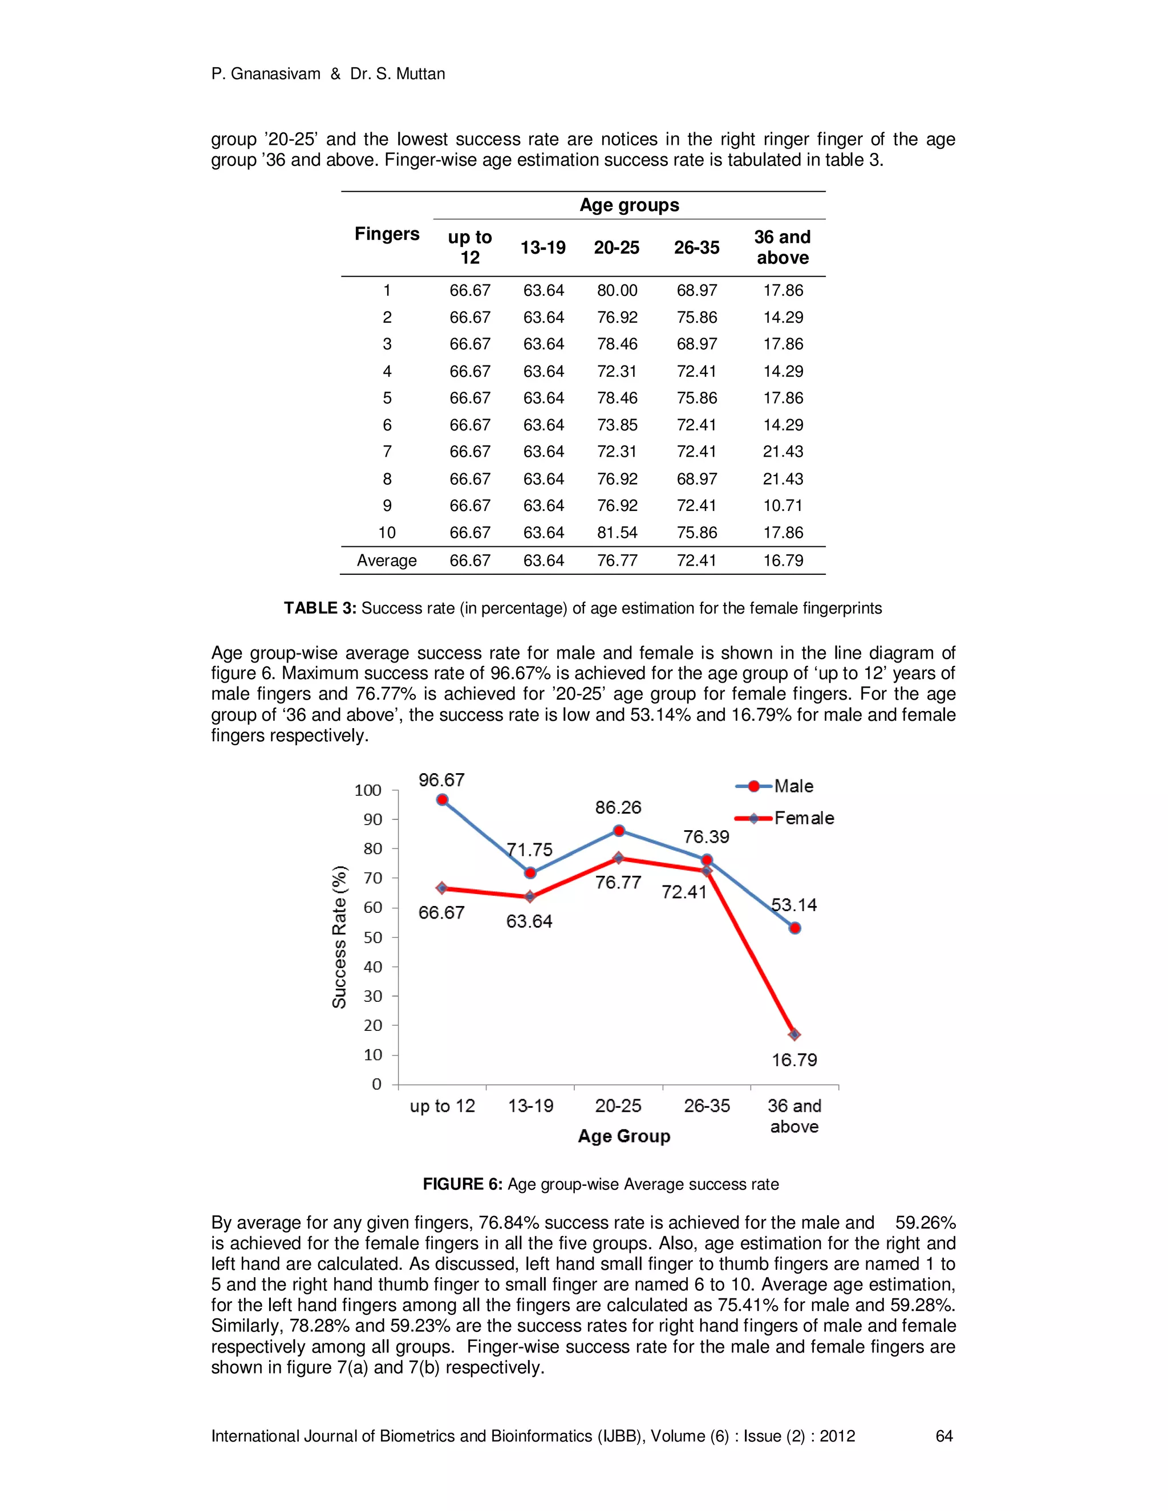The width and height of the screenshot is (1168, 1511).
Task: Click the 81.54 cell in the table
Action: [617, 533]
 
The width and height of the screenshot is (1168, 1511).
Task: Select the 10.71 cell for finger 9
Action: [782, 506]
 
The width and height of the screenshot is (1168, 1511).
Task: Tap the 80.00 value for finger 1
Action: [617, 291]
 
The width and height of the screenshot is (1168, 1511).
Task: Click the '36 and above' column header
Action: [782, 247]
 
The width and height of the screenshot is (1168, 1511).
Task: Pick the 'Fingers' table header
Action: [387, 234]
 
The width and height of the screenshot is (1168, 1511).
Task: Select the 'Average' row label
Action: [387, 560]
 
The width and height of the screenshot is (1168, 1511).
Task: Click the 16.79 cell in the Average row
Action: [782, 560]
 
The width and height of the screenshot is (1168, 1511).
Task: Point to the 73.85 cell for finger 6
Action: [617, 425]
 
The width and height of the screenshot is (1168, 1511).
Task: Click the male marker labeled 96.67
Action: [443, 800]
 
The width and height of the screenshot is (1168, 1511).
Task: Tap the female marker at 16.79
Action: [794, 1035]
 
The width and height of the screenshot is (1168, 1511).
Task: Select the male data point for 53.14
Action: [794, 928]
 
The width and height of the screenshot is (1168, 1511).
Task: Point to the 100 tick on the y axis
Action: [367, 790]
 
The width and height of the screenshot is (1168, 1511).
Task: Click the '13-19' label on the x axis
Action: [531, 1106]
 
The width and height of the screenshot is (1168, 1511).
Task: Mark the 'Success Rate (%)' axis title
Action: [339, 937]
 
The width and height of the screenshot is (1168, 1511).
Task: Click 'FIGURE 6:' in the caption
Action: [462, 1184]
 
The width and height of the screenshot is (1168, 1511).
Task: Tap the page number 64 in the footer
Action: [944, 1436]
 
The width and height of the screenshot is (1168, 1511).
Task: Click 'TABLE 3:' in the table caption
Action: [320, 608]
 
